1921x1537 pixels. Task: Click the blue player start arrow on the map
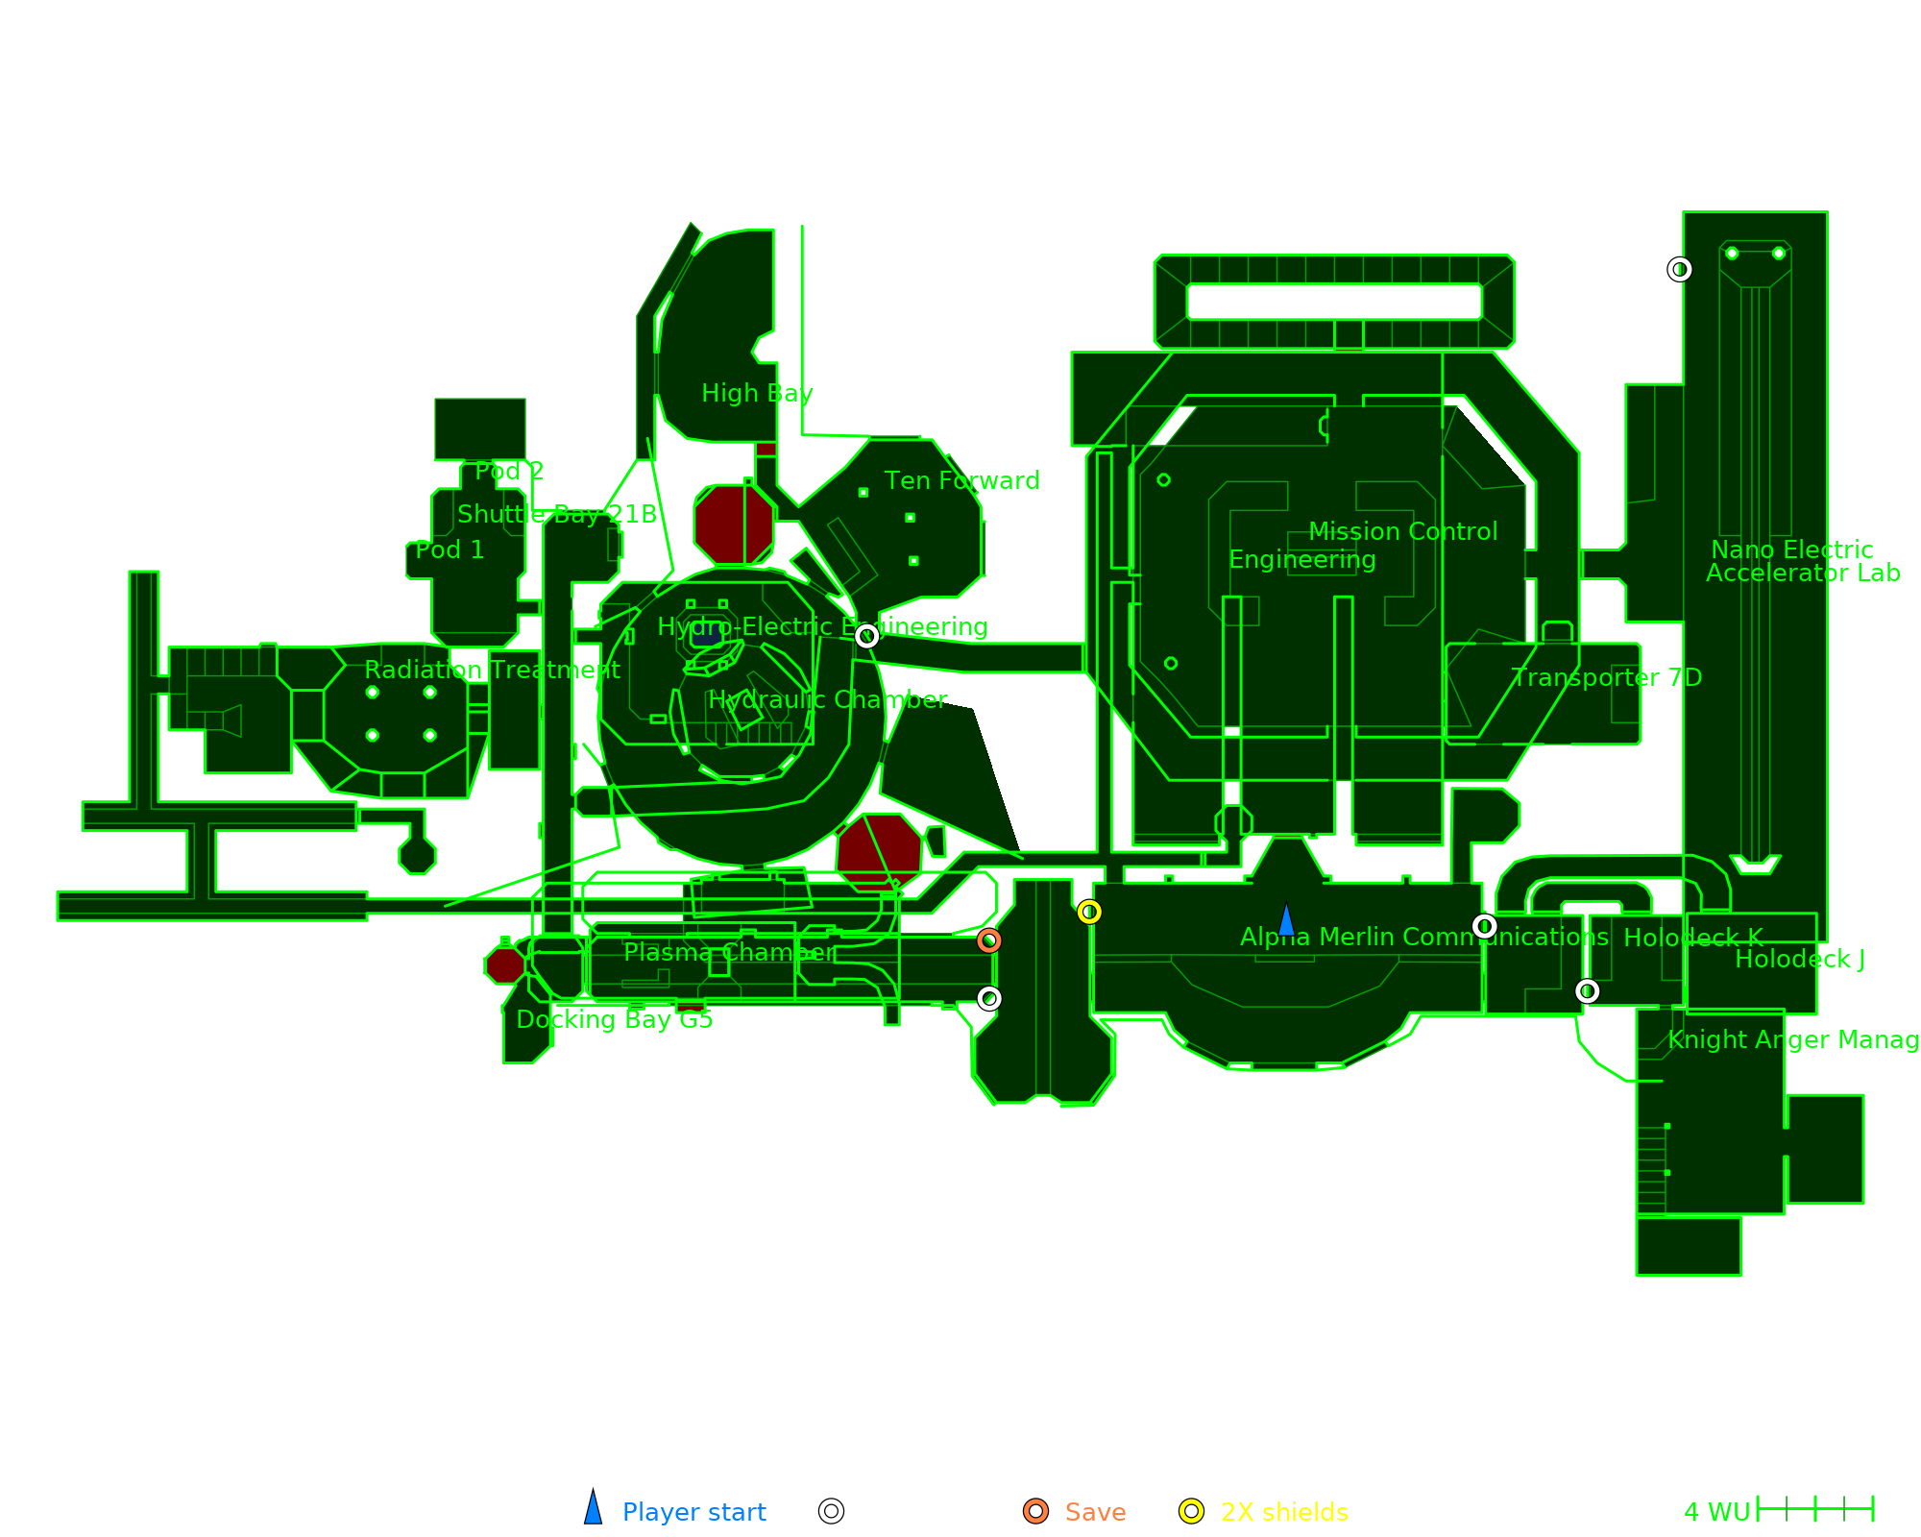(1286, 920)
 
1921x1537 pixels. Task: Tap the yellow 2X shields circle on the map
(1089, 912)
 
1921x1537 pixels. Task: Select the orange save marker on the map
(989, 940)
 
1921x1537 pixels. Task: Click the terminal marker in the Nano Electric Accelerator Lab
(1680, 270)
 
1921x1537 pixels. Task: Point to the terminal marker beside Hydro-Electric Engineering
(866, 636)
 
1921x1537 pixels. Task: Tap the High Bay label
(757, 393)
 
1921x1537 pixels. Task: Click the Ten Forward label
(961, 480)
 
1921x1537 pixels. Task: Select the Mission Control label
(1402, 531)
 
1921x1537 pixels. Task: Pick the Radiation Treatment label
(492, 670)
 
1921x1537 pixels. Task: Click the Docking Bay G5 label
(615, 1019)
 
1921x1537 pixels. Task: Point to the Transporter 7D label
(1606, 677)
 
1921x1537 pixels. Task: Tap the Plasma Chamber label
(729, 952)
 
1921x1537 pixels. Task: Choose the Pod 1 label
(450, 549)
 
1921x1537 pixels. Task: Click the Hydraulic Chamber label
(827, 699)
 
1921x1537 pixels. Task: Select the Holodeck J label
(1800, 959)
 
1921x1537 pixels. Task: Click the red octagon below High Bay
(734, 525)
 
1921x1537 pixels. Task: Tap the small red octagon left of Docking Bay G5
(504, 964)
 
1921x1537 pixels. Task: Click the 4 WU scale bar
(1814, 1509)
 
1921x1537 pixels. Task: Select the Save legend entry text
(1095, 1512)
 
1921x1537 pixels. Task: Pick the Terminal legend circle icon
(832, 1511)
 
